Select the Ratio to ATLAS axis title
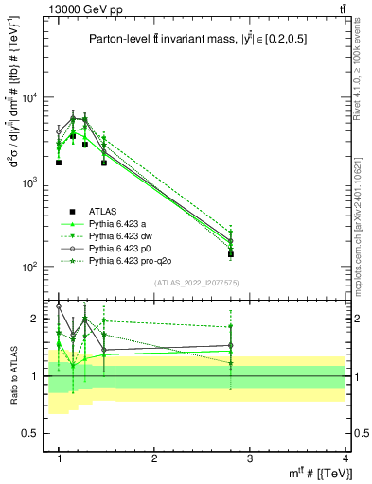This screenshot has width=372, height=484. point(12,375)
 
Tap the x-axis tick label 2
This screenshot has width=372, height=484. point(154,458)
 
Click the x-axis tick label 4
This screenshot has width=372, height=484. point(345,458)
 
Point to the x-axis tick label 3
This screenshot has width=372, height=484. point(250,458)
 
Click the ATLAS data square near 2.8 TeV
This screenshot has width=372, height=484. point(231,254)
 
